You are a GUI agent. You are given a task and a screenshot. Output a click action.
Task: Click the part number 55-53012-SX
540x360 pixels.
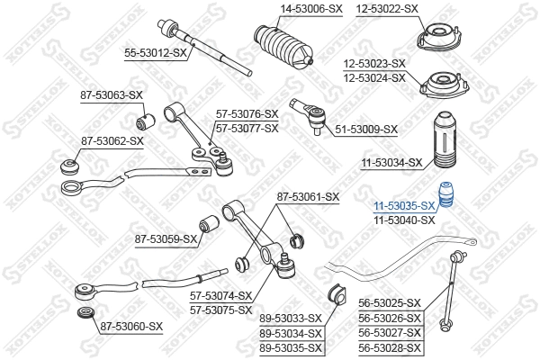156,54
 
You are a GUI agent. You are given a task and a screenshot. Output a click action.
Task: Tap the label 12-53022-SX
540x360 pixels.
387,8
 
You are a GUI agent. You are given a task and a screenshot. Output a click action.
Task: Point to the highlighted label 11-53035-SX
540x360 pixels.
404,206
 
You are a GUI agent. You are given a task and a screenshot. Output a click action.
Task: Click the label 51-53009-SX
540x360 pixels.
366,130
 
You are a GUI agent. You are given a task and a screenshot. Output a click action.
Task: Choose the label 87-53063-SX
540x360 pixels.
112,94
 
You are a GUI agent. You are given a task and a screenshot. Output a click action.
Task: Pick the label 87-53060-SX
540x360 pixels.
131,326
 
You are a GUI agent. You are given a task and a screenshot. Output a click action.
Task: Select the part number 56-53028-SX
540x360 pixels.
390,347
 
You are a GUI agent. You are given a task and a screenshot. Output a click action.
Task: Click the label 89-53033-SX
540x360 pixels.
291,319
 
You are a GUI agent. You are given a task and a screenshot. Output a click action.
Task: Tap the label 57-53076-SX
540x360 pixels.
247,114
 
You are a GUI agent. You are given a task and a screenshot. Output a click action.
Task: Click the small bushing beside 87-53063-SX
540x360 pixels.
141,117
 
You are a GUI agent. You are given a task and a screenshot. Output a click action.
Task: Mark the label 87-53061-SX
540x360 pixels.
308,196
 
